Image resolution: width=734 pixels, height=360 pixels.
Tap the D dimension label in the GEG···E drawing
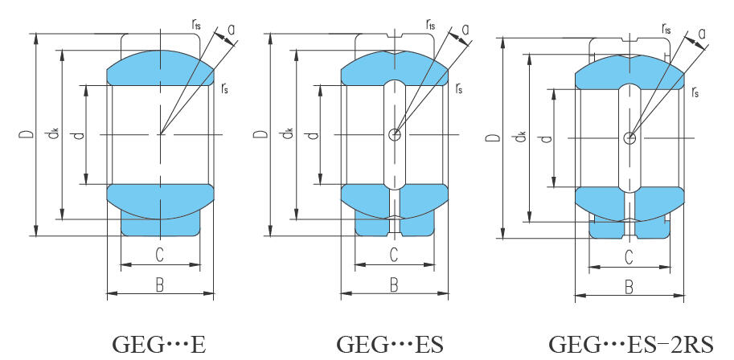(27, 135)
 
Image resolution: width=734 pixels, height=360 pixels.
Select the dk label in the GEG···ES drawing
(288, 135)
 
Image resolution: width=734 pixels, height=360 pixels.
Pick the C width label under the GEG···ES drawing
(394, 256)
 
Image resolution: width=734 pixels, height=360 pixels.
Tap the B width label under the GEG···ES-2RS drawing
(629, 287)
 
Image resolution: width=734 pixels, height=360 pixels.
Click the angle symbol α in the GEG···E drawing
(232, 29)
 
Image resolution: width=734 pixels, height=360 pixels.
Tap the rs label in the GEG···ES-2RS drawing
(695, 93)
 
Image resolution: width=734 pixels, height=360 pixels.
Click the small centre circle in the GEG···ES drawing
(394, 134)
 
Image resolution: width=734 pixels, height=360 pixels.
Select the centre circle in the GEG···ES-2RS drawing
(629, 138)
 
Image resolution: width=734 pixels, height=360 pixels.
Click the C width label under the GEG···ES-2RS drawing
(629, 257)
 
